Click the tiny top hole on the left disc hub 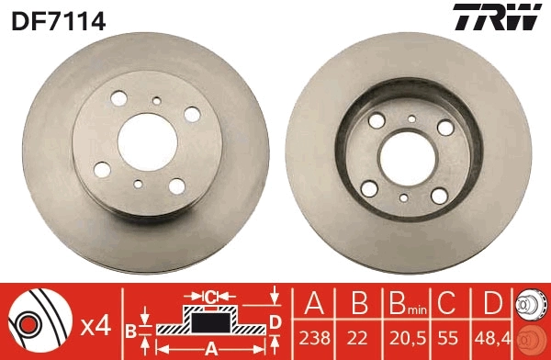pos(157,100)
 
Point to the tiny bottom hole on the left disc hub pos(138,183)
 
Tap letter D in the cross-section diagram pos(275,321)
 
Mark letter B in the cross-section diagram pos(130,330)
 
